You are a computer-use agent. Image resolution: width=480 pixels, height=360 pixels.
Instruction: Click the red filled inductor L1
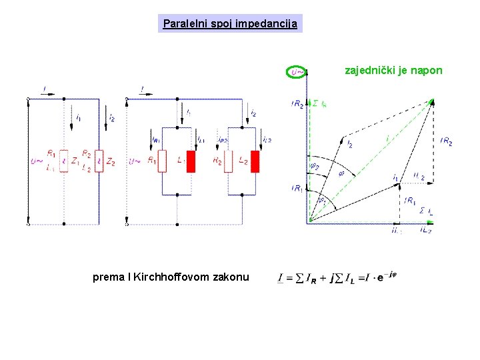pos(191,162)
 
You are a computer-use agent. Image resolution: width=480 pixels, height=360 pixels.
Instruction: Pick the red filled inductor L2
pos(255,162)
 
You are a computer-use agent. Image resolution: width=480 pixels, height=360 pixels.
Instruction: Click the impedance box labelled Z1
pos(64,161)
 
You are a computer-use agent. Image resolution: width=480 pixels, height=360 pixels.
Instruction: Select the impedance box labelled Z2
pos(99,161)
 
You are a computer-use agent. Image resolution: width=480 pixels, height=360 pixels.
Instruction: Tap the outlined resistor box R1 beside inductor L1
pos(162,161)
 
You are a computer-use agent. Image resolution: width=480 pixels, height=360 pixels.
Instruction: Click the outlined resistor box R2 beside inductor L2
pos(228,161)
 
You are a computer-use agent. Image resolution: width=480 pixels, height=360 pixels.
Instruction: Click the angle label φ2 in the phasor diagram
pos(314,166)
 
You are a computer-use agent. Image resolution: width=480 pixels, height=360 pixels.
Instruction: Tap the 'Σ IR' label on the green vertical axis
pos(319,104)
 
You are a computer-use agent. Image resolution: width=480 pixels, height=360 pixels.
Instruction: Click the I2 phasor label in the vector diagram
pos(349,144)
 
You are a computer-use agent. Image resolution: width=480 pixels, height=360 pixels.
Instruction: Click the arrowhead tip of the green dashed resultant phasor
pos(432,101)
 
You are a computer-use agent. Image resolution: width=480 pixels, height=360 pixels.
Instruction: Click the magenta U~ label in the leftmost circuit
pos(37,161)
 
